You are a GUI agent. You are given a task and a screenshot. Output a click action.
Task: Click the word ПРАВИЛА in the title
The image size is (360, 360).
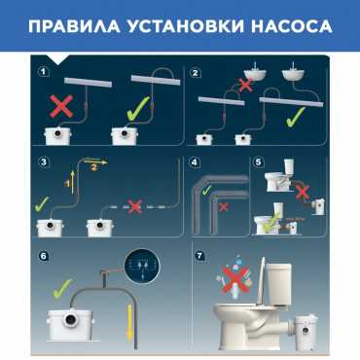click(74, 26)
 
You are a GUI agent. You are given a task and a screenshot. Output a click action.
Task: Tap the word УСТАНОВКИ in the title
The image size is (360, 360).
click(186, 26)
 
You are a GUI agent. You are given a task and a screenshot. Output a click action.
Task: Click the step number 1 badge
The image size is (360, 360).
click(44, 71)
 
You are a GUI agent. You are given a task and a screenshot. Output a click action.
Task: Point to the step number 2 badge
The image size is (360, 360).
click(196, 73)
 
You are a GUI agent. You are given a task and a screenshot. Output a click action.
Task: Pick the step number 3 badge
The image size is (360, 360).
click(44, 162)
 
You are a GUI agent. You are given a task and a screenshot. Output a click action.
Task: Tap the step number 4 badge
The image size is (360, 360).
click(195, 162)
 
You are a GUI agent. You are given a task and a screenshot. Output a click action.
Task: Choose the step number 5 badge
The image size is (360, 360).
click(258, 162)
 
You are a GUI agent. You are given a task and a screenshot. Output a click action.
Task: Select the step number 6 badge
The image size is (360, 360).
click(44, 256)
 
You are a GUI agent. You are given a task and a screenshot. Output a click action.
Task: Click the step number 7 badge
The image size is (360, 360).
click(199, 256)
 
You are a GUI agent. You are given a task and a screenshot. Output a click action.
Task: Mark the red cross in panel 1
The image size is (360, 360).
click(61, 106)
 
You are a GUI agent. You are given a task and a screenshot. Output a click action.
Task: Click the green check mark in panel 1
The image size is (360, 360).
click(138, 109)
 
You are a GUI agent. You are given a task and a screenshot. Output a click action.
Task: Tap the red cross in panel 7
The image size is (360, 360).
click(235, 279)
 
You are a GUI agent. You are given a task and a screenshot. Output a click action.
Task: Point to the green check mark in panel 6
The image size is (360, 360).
click(61, 288)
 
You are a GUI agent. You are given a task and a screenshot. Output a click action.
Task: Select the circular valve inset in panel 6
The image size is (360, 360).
click(143, 267)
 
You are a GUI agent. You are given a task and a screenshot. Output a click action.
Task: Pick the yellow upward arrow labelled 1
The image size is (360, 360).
click(73, 182)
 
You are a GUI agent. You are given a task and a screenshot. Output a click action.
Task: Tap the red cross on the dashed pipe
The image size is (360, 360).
click(134, 206)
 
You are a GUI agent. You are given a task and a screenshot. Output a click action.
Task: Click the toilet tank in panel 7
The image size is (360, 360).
click(278, 284)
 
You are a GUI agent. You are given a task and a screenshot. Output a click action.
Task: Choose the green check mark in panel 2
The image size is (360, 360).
click(295, 117)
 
